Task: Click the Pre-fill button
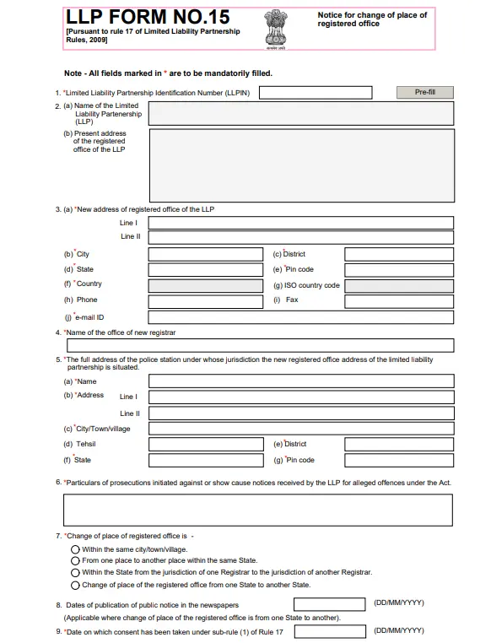[x=424, y=92]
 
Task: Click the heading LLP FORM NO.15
[x=147, y=16]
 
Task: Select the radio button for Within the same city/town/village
[x=75, y=549]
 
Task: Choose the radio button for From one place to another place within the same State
[x=75, y=560]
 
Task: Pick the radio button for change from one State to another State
[x=75, y=585]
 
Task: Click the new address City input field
[x=205, y=254]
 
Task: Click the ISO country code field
[x=399, y=285]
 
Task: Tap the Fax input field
[x=399, y=300]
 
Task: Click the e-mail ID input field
[x=300, y=317]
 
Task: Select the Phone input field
[x=205, y=300]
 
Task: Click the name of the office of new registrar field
[x=259, y=345]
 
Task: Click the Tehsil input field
[x=205, y=444]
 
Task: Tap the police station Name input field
[x=300, y=381]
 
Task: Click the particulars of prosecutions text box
[x=257, y=510]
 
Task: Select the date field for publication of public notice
[x=329, y=604]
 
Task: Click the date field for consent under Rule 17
[x=329, y=631]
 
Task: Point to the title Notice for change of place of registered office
[x=372, y=19]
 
